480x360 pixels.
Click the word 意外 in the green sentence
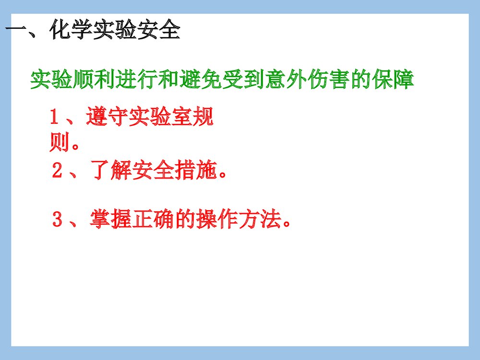coord(286,80)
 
